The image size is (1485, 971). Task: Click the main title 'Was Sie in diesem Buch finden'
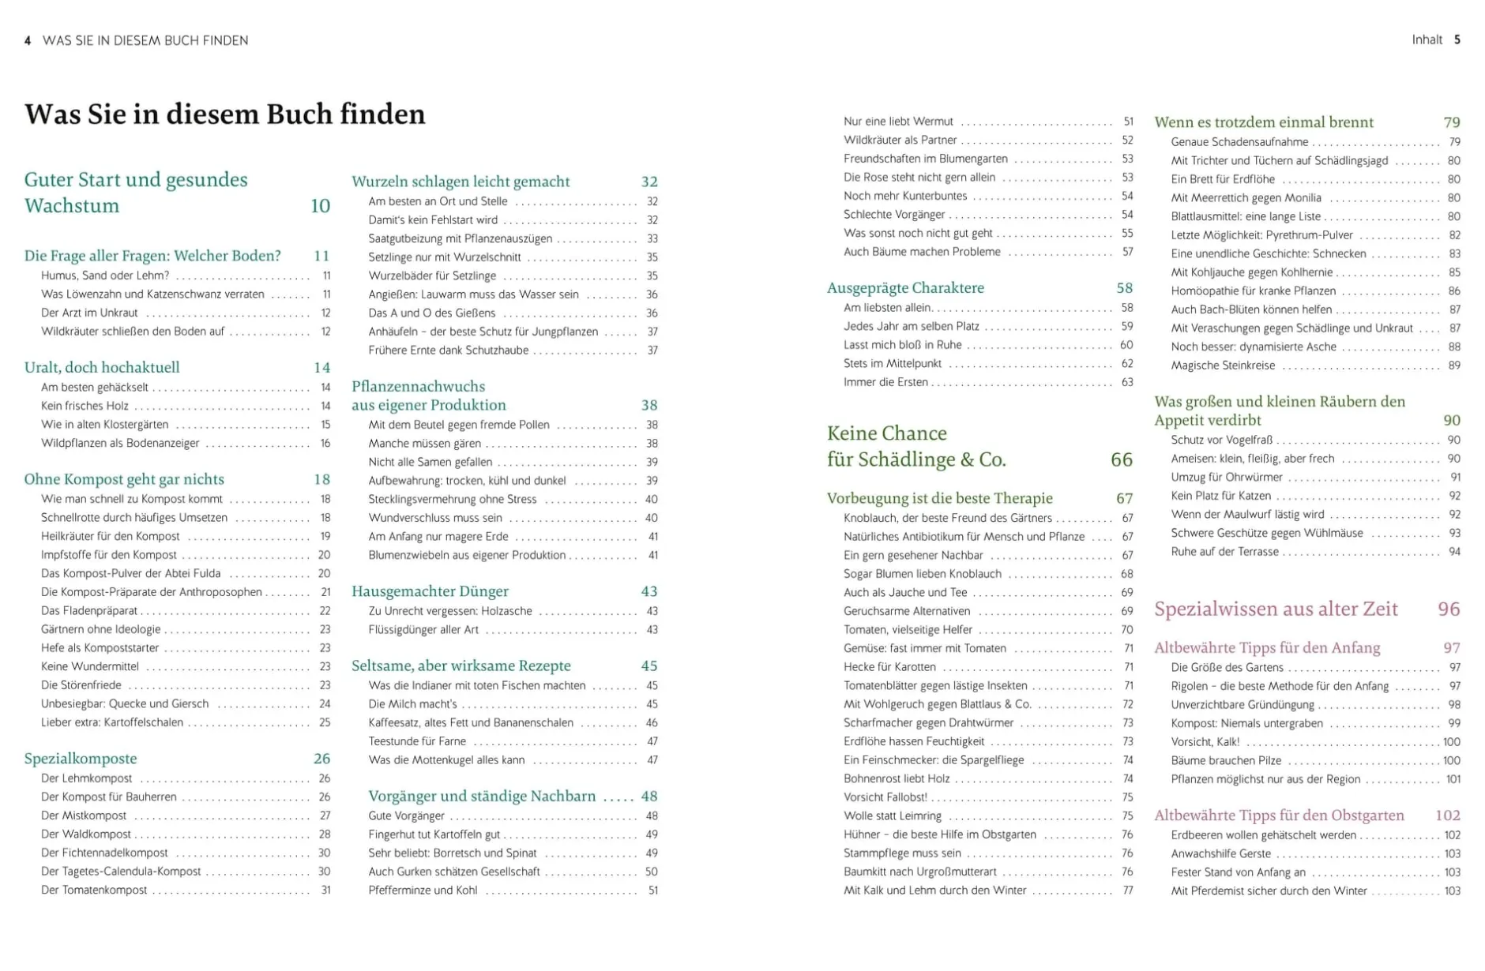coord(224,114)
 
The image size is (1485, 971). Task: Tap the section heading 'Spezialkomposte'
coord(81,759)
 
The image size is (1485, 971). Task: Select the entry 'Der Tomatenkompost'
coord(94,890)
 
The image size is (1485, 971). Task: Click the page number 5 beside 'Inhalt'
coord(1457,39)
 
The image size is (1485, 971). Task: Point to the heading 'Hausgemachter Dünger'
coord(430,591)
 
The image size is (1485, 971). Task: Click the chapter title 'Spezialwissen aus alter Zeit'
coord(1276,609)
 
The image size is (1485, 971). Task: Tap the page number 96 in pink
coord(1449,609)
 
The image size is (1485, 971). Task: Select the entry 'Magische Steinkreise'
coord(1223,366)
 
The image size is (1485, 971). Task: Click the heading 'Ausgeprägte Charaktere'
coord(905,288)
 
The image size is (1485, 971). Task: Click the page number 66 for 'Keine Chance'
coord(1121,459)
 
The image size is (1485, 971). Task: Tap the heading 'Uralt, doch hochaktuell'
coord(102,367)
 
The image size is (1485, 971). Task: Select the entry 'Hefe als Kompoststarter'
coord(100,648)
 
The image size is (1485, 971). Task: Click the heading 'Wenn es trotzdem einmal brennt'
coord(1264,122)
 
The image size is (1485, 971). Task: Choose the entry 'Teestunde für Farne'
coord(417,741)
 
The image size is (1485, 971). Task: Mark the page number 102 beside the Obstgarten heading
coord(1447,815)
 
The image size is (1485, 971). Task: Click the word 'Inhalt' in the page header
coord(1427,39)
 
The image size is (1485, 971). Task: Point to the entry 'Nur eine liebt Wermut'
coord(898,122)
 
